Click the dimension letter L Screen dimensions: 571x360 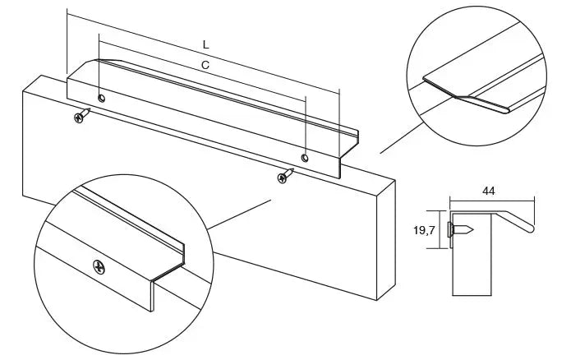[x=206, y=45]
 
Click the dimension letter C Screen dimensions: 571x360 [x=205, y=65]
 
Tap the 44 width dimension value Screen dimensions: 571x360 [x=489, y=191]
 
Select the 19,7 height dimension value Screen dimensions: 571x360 [x=424, y=230]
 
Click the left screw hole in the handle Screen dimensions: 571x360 [x=102, y=98]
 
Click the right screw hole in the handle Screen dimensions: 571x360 [x=305, y=158]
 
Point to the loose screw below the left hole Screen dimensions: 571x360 [x=81, y=115]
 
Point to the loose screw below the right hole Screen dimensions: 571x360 [x=286, y=176]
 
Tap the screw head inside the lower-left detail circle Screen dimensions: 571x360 [x=99, y=267]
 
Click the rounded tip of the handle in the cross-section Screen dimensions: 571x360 [x=530, y=228]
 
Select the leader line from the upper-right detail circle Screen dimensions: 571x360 [x=402, y=138]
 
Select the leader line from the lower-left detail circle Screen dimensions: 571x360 [x=239, y=215]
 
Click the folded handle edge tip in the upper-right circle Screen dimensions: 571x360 [x=506, y=109]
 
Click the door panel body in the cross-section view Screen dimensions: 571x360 [x=472, y=254]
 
